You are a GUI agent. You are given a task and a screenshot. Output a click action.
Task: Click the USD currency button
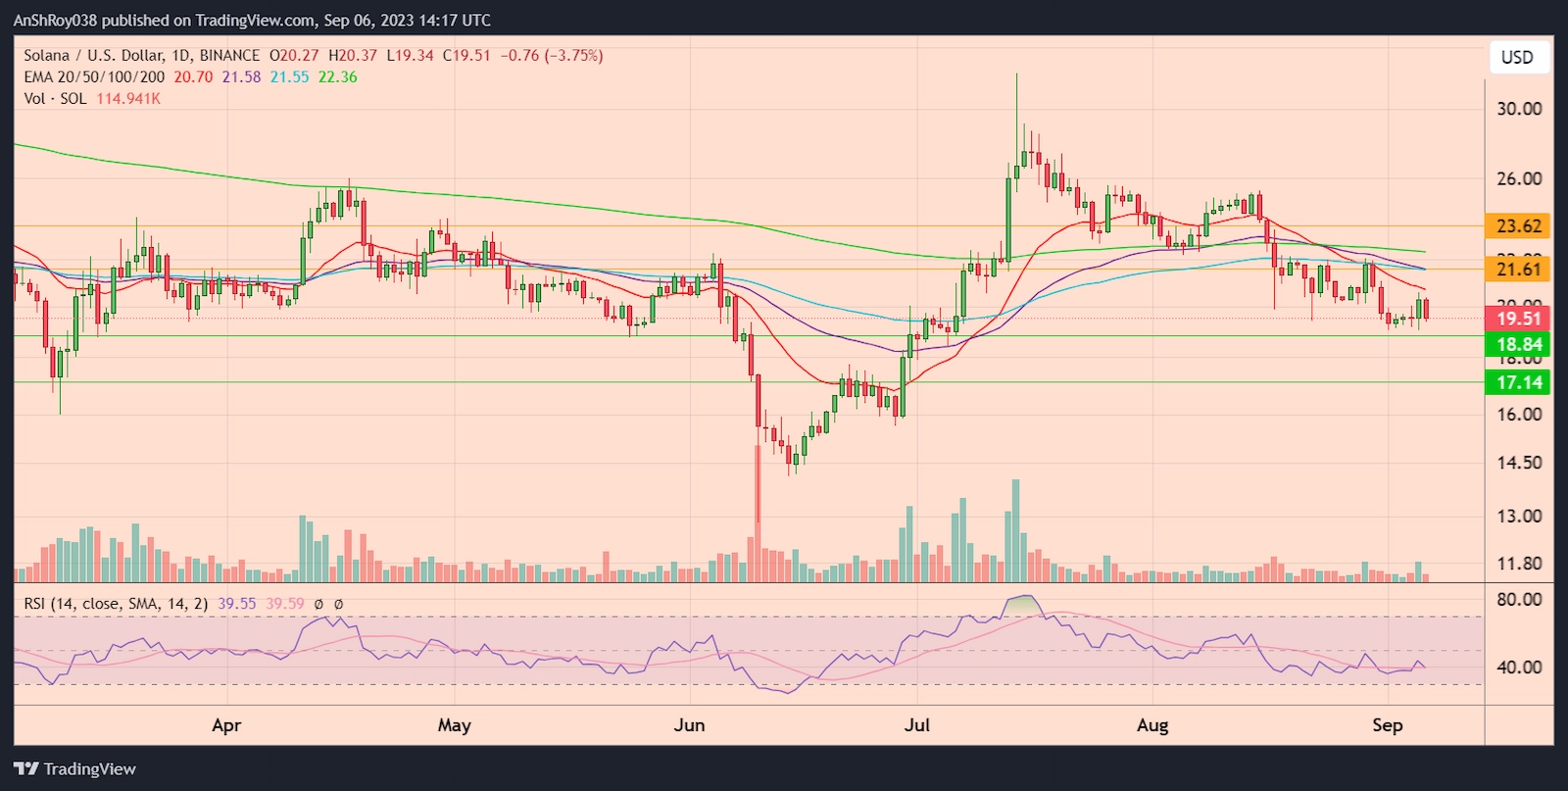pyautogui.click(x=1517, y=57)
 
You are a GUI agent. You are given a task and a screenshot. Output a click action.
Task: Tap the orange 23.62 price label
pyautogui.click(x=1518, y=225)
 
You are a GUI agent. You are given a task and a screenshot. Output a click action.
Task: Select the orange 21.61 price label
pyautogui.click(x=1518, y=269)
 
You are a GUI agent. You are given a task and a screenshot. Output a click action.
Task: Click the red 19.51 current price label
pyautogui.click(x=1518, y=318)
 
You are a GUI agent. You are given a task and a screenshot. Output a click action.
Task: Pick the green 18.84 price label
pyautogui.click(x=1518, y=344)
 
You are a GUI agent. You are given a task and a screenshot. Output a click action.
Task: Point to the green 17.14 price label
pyautogui.click(x=1518, y=382)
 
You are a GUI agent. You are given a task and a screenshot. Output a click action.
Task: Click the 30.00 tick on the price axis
pyautogui.click(x=1518, y=109)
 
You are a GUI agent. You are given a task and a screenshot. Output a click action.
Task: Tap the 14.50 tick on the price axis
pyautogui.click(x=1518, y=462)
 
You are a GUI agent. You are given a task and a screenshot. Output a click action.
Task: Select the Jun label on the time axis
pyautogui.click(x=689, y=725)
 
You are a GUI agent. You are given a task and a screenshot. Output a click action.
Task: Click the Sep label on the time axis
pyautogui.click(x=1387, y=725)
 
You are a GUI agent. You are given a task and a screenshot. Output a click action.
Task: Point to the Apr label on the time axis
pyautogui.click(x=226, y=725)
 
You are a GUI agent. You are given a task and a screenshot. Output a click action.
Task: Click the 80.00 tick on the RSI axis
pyautogui.click(x=1518, y=599)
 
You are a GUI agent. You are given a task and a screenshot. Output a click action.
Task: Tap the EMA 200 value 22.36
pyautogui.click(x=337, y=76)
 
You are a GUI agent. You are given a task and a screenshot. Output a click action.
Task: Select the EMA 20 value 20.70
pyautogui.click(x=193, y=76)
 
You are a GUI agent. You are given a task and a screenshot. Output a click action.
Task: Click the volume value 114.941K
pyautogui.click(x=128, y=98)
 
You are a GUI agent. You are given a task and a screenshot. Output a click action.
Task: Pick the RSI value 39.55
pyautogui.click(x=236, y=604)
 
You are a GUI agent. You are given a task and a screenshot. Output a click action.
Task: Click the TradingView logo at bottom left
pyautogui.click(x=74, y=768)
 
